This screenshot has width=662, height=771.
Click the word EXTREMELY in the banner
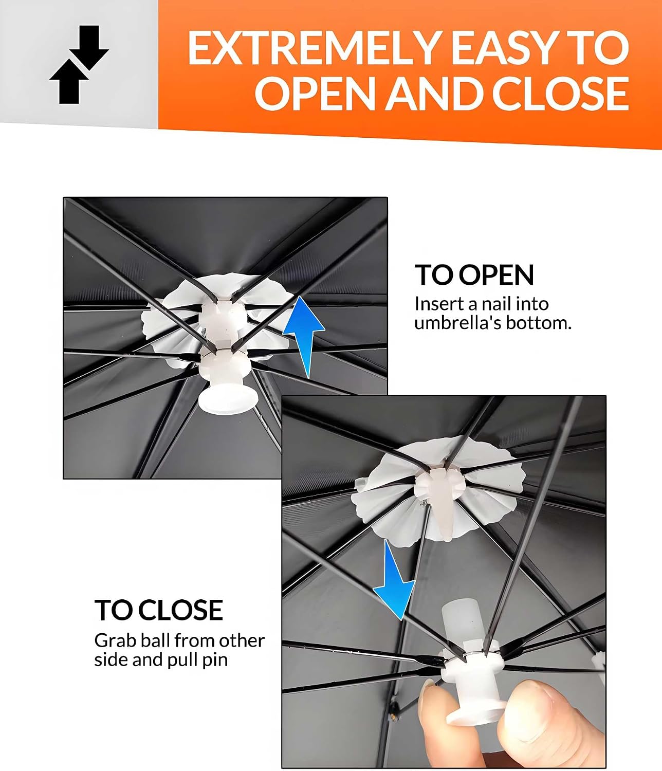313,48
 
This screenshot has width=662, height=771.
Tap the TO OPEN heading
474,275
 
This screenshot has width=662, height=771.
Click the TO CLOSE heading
158,610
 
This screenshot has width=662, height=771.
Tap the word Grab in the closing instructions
115,641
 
